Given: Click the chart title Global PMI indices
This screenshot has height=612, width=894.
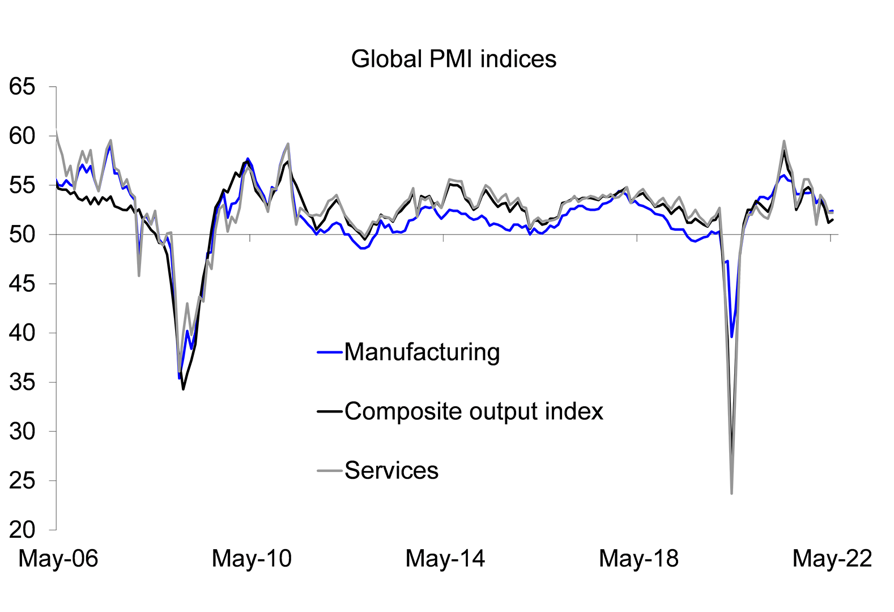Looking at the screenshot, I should coord(454,59).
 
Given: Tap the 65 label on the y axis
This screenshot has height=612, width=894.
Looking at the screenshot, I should coord(22,87).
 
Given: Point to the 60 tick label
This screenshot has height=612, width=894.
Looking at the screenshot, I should coord(22,136).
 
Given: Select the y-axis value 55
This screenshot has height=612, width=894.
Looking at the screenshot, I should coord(22,185).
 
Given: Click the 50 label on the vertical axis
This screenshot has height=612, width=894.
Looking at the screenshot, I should coord(22,235).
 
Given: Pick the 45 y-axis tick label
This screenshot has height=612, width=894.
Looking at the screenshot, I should coord(22,284).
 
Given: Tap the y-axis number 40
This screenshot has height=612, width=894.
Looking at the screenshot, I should coord(22,333).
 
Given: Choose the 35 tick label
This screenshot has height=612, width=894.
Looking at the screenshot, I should coord(22,382).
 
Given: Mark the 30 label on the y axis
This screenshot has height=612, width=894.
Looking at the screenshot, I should coord(22,431).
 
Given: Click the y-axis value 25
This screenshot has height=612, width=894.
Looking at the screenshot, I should coord(22,481).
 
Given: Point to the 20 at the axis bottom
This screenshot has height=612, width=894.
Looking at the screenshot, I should coord(22,530).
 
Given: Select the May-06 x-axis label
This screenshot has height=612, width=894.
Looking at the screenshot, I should coord(58,559).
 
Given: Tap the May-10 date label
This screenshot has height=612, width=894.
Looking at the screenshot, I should coord(252,559).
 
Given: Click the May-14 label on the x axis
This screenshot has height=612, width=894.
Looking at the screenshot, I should coord(445,559).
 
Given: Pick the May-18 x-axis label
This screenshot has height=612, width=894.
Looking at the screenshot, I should coord(638,559).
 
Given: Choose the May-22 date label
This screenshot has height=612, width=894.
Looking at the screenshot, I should coord(832,559).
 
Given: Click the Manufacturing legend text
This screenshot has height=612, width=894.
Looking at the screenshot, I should coord(422,352).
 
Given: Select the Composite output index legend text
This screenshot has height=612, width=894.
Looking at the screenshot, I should coord(474,411).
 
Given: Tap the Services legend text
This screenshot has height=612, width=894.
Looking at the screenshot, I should coord(391,470).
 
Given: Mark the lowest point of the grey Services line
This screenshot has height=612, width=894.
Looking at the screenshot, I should coord(732,493).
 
